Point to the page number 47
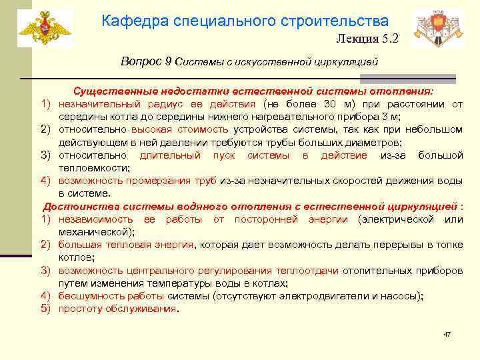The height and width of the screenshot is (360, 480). [447, 333]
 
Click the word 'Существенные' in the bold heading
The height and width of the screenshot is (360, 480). [110, 91]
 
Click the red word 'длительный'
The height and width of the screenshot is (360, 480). [169, 155]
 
